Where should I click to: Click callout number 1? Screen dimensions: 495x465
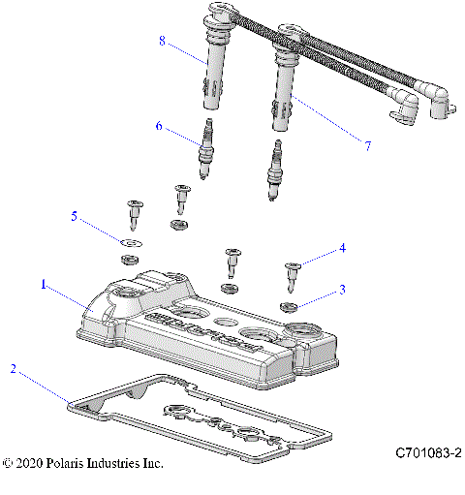(43, 285)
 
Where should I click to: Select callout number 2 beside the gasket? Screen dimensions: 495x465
(13, 368)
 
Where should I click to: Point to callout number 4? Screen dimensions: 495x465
(341, 249)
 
